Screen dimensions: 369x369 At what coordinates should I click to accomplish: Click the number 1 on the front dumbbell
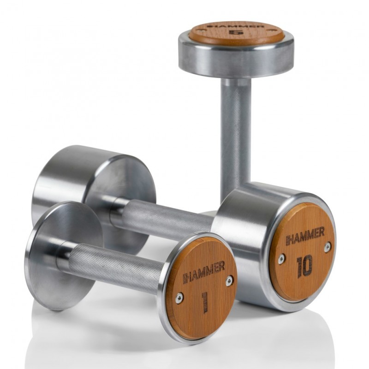(205, 302)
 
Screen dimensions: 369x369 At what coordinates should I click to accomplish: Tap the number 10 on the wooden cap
(305, 266)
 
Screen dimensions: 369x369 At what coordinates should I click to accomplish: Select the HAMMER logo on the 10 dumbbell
(305, 236)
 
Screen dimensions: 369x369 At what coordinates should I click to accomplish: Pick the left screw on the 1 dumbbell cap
(179, 298)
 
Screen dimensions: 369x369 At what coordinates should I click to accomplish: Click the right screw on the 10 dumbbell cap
(327, 247)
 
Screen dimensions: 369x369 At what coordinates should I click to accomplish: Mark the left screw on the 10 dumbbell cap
(281, 259)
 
